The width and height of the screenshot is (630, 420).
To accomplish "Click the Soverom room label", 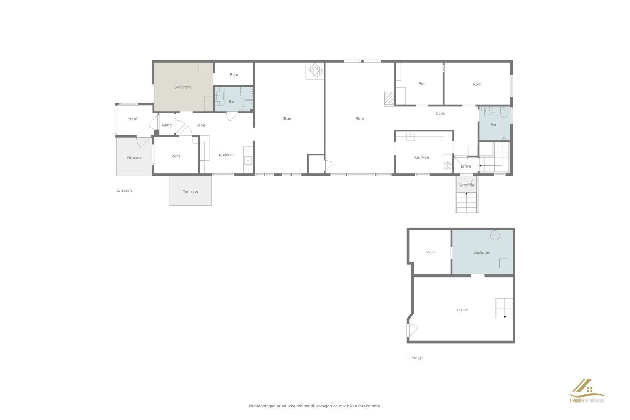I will tap(182, 87).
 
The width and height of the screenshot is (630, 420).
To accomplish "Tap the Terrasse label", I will tap(191, 192).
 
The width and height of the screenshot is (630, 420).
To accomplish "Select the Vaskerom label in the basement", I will tap(482, 253).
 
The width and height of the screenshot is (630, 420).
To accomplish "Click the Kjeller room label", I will tap(462, 310).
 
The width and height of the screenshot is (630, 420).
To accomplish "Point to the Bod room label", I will tap(422, 84).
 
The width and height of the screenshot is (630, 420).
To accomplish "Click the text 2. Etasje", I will tap(124, 191).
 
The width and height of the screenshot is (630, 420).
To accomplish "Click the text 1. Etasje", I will tap(415, 358).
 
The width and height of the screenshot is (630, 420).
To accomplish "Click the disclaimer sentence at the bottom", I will tap(315, 406).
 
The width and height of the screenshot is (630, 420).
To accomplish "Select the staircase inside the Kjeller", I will tap(504, 308).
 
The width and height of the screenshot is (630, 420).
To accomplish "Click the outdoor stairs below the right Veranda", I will tap(467, 202).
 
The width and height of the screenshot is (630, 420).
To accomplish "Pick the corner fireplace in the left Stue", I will tap(315, 71).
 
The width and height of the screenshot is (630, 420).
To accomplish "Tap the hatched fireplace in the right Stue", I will tap(389, 98).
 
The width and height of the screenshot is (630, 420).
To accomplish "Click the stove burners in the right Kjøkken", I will tap(448, 165).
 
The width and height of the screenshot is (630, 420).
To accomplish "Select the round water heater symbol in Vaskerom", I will tap(495, 235).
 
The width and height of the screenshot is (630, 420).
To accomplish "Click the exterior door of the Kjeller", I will tap(411, 329).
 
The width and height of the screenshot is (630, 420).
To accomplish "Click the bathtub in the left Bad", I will tap(246, 104).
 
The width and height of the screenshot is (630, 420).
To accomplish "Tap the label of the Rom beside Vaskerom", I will tap(430, 252).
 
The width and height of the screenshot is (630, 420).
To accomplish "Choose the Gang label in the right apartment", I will tap(440, 113).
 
